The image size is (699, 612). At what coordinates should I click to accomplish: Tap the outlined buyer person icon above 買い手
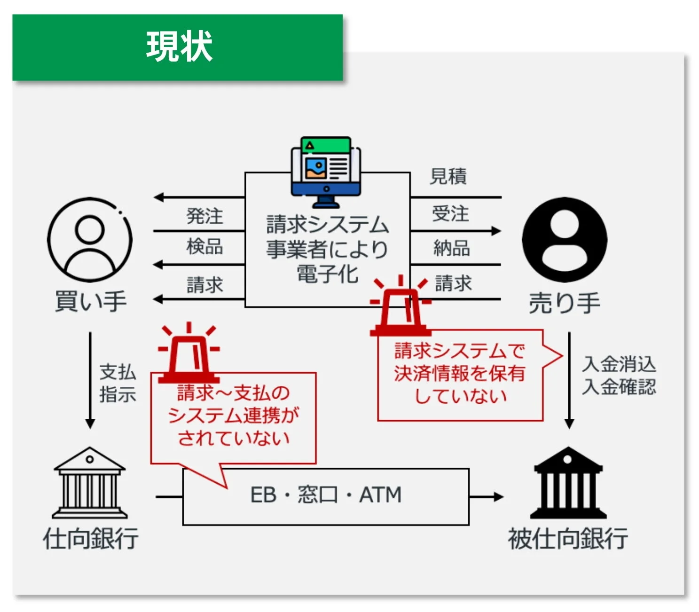(x=89, y=239)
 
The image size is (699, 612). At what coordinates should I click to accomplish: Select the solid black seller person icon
(x=565, y=239)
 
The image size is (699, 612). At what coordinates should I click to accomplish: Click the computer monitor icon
(x=326, y=172)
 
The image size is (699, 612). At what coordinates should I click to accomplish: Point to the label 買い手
(x=91, y=301)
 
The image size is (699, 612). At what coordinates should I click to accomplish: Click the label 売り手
(x=565, y=303)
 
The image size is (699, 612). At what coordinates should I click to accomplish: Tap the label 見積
(x=448, y=176)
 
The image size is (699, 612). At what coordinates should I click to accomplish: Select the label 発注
(x=204, y=216)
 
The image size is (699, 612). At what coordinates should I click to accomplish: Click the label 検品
(x=204, y=246)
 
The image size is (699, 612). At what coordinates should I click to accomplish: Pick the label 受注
(x=450, y=213)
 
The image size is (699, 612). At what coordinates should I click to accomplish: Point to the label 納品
(x=452, y=248)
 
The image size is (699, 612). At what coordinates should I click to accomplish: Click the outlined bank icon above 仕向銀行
(x=89, y=483)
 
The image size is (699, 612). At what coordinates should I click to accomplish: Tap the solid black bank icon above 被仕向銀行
(x=568, y=483)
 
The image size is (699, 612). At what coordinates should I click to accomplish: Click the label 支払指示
(x=118, y=383)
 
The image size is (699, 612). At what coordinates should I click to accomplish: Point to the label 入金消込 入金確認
(x=619, y=375)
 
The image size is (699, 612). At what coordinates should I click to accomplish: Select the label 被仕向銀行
(x=568, y=539)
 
